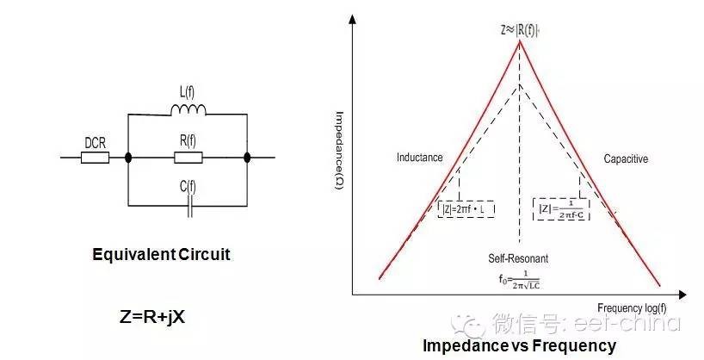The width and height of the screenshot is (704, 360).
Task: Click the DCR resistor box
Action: (x=95, y=158)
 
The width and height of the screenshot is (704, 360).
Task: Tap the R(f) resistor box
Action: (x=188, y=158)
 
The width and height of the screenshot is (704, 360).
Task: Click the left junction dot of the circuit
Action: (x=128, y=158)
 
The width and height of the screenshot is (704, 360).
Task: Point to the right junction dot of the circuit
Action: (x=248, y=158)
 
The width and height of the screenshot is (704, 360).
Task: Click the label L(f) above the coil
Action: (x=188, y=91)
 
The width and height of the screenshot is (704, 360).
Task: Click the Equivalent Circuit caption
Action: (x=162, y=255)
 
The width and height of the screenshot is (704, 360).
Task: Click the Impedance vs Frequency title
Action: (x=519, y=346)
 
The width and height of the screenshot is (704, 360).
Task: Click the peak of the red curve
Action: (x=518, y=42)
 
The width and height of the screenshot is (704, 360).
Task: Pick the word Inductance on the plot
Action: (x=419, y=158)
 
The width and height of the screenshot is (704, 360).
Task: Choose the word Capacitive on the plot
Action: (x=626, y=158)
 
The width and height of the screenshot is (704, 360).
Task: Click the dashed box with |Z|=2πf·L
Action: (x=465, y=208)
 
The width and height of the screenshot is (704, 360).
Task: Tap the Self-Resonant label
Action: (x=517, y=258)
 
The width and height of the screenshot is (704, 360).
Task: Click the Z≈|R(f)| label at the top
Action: (x=518, y=28)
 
